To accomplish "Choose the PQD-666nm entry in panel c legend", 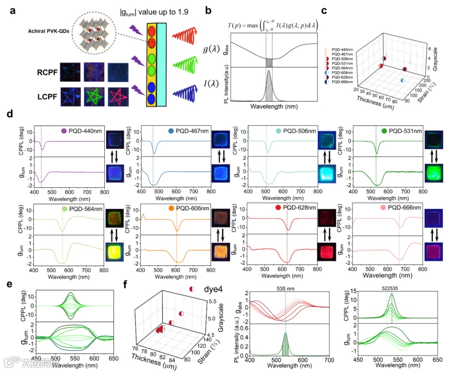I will click(342, 81).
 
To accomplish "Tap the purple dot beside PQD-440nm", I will click(64, 131).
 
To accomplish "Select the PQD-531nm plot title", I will click(404, 131).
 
